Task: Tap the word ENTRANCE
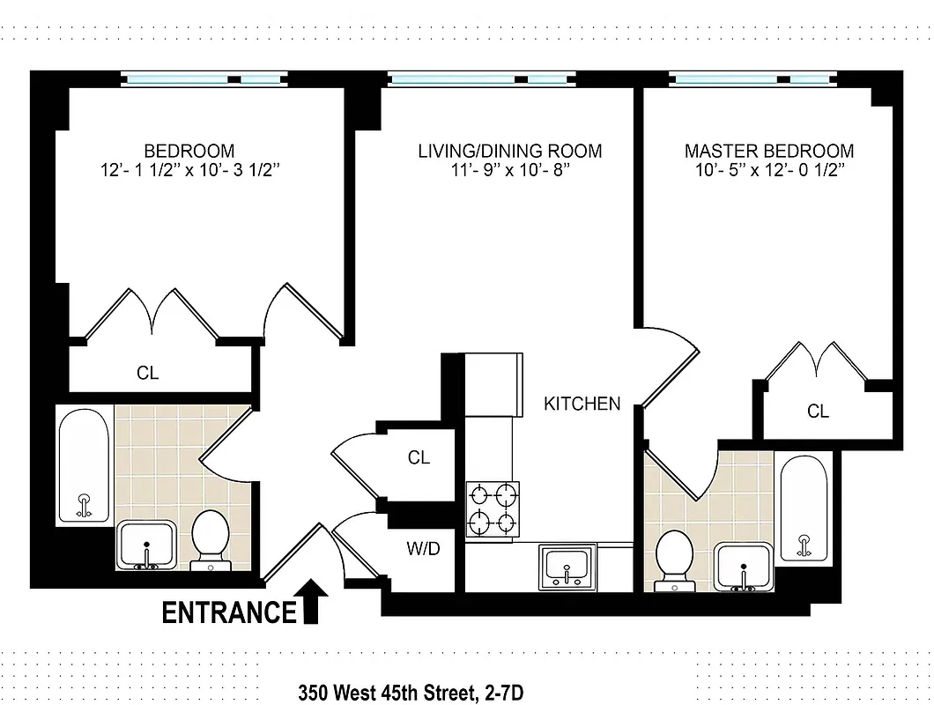click(229, 612)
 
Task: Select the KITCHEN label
click(582, 404)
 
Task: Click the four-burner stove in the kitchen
click(493, 508)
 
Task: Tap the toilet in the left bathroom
click(210, 537)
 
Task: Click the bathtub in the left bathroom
click(84, 465)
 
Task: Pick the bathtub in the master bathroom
click(804, 508)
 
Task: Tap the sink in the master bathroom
click(745, 568)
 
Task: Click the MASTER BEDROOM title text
click(768, 151)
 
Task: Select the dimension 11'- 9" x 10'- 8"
click(509, 171)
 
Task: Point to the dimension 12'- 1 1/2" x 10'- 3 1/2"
click(189, 171)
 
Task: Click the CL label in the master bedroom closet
click(818, 411)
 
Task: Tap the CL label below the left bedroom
click(148, 373)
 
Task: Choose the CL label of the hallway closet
click(419, 458)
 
